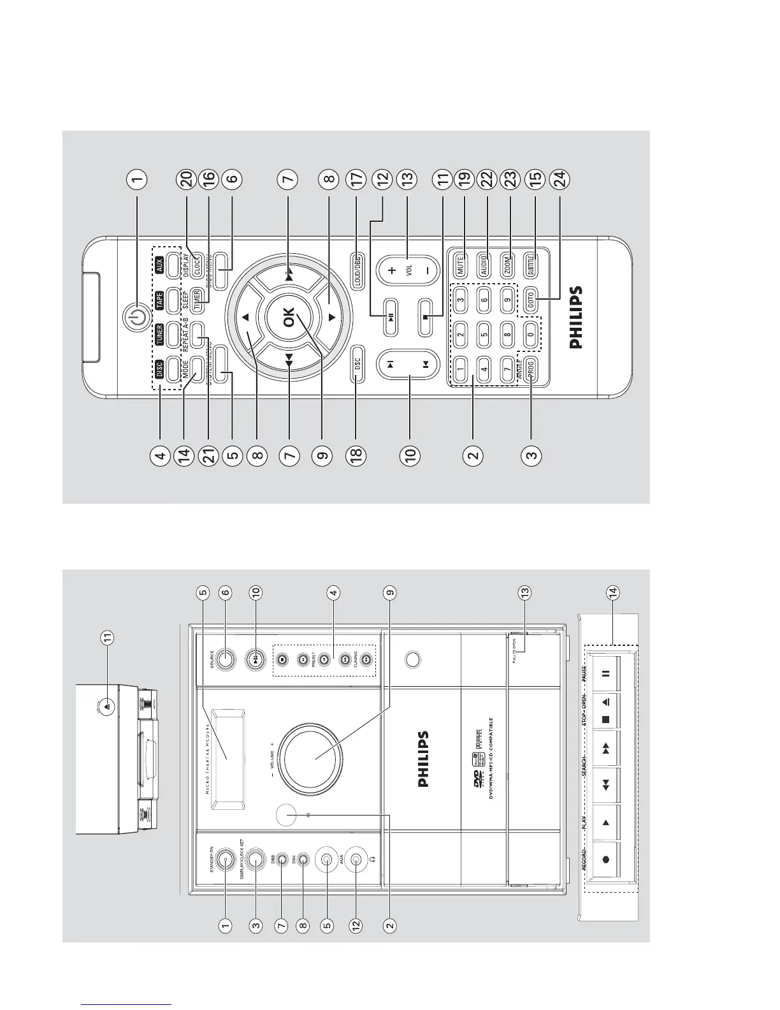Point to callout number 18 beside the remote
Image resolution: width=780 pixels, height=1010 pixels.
pyautogui.click(x=355, y=455)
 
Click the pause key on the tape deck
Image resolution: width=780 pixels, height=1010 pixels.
pyautogui.click(x=606, y=673)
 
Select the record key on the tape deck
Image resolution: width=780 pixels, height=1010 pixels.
pyautogui.click(x=606, y=859)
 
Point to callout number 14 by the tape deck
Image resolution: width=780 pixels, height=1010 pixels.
pyautogui.click(x=612, y=592)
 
